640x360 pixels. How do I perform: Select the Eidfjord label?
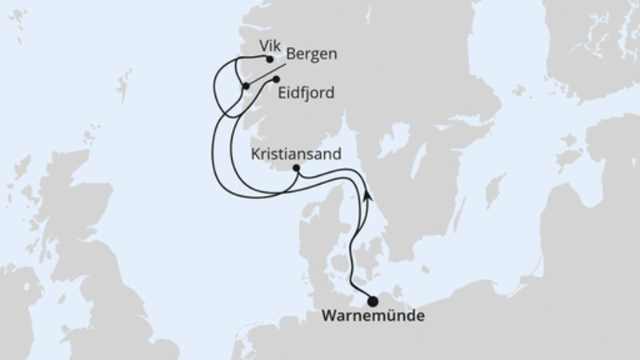[307, 94]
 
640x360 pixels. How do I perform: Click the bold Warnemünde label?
[372, 317]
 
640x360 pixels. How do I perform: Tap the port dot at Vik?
[270, 59]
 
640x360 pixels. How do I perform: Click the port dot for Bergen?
[246, 86]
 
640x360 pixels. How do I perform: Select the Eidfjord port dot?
[276, 80]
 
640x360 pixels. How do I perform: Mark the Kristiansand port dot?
[297, 168]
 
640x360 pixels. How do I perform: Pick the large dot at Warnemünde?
[373, 301]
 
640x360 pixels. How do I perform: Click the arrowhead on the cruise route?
[366, 193]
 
